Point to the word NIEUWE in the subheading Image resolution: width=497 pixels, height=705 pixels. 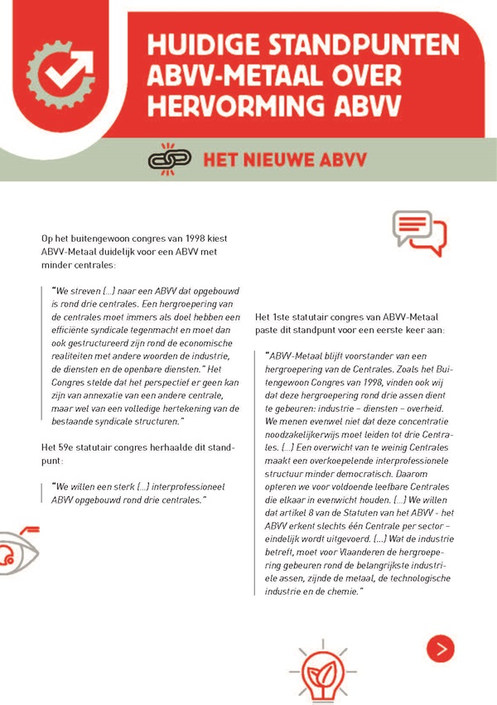click(278, 157)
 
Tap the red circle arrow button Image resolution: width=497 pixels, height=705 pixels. click(440, 647)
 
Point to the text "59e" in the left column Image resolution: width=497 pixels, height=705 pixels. click(72, 447)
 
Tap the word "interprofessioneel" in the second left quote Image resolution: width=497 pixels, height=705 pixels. click(169, 486)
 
